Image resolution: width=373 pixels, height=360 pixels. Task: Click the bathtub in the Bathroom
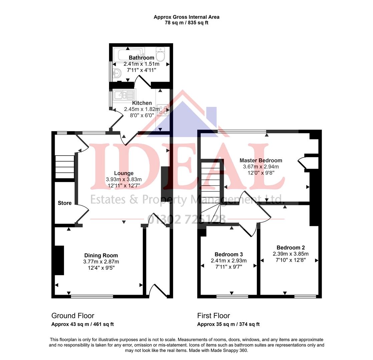128,53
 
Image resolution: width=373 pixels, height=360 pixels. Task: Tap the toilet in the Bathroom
160,55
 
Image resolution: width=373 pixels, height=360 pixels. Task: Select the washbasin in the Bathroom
116,73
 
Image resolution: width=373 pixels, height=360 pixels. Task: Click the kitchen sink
124,95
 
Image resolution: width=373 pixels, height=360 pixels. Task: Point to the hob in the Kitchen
162,110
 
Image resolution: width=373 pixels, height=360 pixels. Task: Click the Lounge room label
124,173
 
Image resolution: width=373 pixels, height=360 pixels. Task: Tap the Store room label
65,203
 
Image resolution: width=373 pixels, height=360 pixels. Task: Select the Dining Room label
101,256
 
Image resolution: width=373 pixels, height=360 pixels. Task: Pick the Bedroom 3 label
229,254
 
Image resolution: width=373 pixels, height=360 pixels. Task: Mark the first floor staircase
212,187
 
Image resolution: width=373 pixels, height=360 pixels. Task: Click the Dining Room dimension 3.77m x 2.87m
101,262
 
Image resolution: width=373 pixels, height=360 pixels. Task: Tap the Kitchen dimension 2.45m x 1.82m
142,109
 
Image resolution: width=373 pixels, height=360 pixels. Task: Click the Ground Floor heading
73,316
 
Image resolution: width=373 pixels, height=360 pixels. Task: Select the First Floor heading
214,316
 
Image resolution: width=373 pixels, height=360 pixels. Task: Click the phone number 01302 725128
187,219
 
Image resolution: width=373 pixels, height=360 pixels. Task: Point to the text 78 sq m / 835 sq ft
186,23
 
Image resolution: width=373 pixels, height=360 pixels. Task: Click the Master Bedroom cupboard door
301,163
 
